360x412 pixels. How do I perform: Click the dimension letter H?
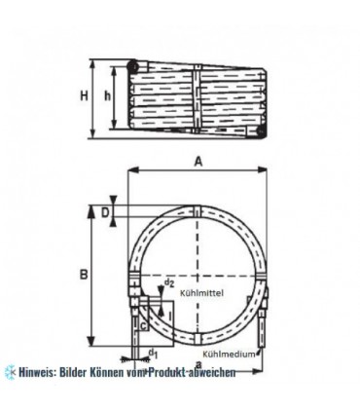(x=84, y=95)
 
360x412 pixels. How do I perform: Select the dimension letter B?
(x=84, y=276)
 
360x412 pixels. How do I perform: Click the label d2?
(x=169, y=283)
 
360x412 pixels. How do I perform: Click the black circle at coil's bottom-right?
(x=270, y=125)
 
